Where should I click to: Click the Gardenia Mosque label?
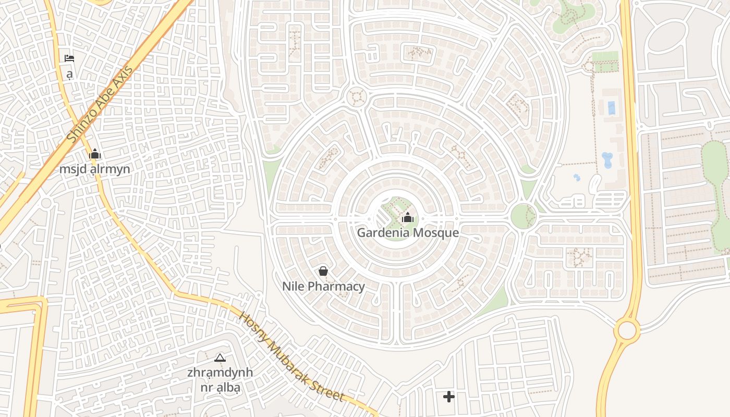408,232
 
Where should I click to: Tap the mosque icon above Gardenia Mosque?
408,217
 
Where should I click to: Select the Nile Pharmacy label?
323,286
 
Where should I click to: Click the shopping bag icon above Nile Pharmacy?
323,271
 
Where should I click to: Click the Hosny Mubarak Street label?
291,357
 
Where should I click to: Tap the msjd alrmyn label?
94,169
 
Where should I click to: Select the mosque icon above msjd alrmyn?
94,154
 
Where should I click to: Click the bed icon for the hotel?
69,58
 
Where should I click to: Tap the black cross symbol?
448,397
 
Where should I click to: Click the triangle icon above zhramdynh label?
220,358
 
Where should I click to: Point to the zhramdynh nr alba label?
220,379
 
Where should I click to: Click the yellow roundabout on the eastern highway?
626,330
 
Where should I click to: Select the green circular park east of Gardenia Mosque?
523,215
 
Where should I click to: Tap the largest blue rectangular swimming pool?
611,108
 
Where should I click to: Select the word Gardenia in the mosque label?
380,232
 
